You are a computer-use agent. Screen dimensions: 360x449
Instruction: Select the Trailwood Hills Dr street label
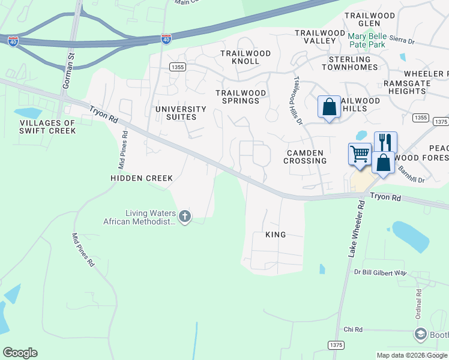[296, 101]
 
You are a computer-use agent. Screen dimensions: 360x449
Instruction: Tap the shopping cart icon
[360, 154]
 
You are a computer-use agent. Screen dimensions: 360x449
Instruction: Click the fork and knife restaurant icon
[385, 142]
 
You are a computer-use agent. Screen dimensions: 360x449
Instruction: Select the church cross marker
[185, 216]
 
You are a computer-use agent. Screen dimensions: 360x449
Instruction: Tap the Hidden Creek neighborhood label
[142, 178]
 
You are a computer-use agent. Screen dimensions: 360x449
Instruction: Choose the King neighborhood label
[276, 235]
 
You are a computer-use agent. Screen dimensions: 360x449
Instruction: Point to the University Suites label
[181, 113]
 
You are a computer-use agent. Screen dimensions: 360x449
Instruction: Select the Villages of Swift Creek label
[47, 127]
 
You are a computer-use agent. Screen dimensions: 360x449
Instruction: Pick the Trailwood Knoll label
[245, 57]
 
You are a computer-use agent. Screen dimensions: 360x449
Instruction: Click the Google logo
[20, 353]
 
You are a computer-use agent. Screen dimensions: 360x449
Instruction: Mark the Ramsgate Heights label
[406, 87]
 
